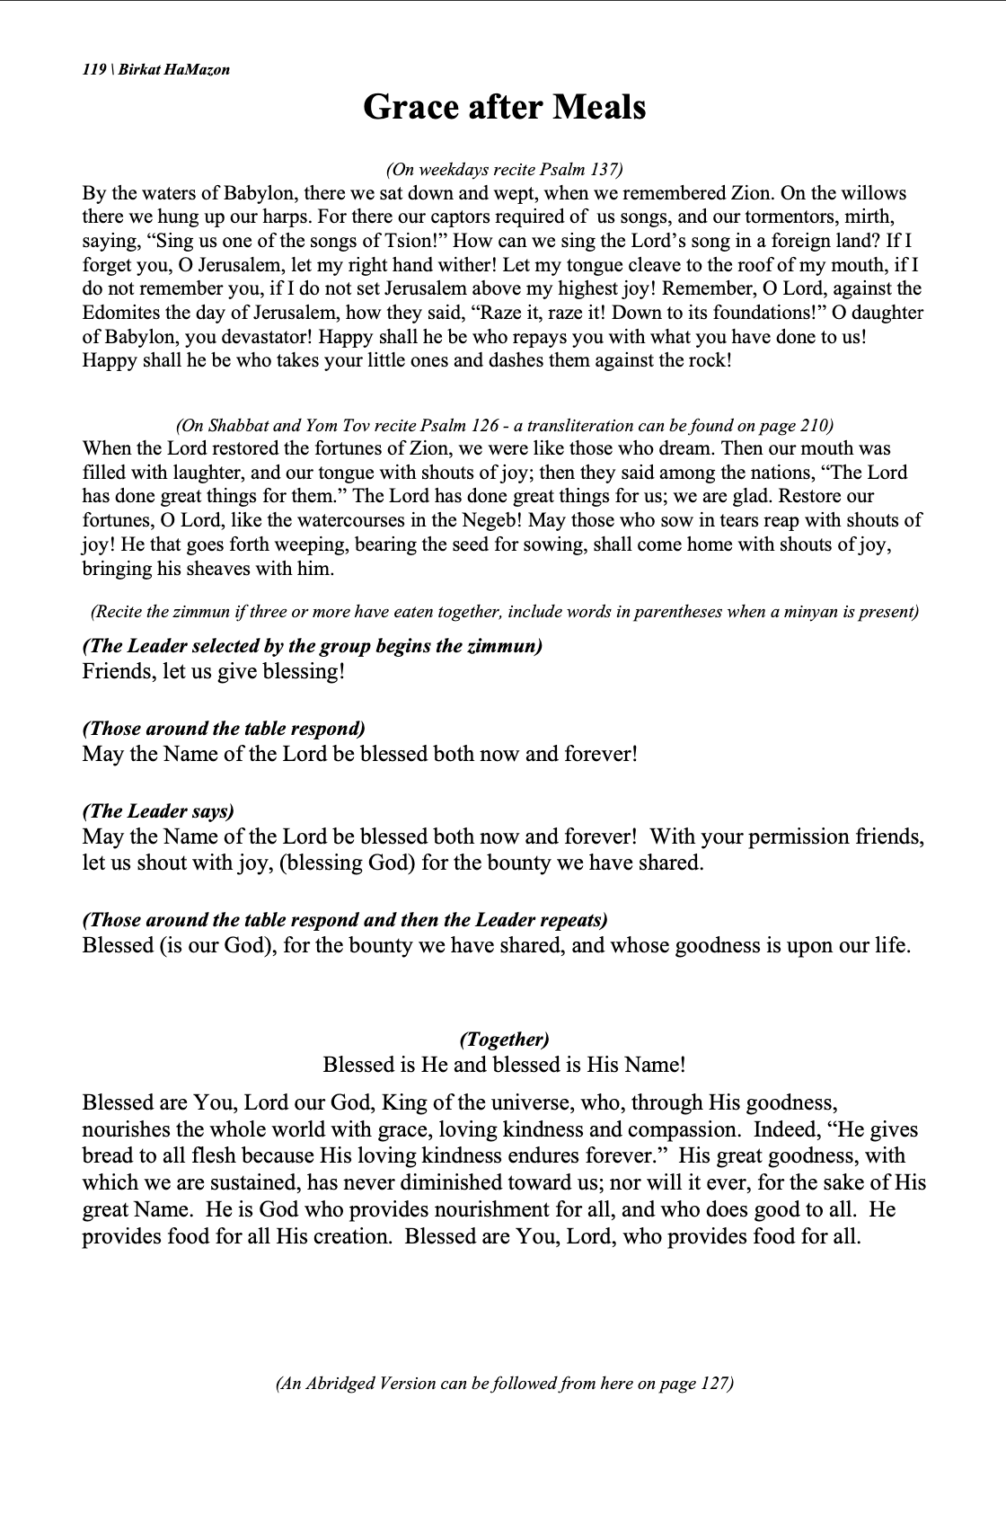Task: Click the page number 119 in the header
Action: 93,69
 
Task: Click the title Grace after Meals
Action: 504,107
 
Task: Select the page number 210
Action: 814,425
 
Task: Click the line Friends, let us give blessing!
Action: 214,672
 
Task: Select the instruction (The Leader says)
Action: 158,810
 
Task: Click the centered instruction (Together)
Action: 504,1040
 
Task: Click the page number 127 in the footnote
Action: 713,1384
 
